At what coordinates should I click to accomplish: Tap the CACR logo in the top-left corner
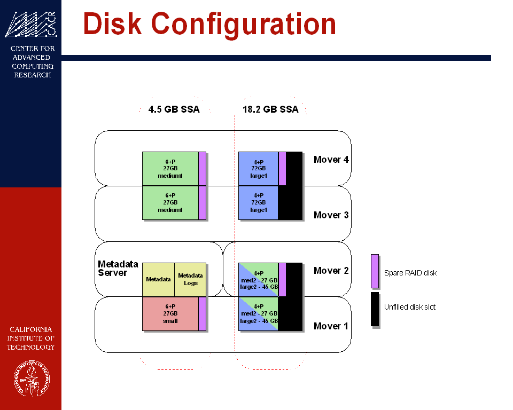(30, 25)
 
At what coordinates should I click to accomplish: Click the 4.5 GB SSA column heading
(174, 110)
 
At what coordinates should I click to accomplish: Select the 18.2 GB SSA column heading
(270, 110)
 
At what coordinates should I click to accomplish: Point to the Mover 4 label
(331, 160)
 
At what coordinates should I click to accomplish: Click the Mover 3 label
(331, 215)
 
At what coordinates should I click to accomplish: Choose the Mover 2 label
(331, 271)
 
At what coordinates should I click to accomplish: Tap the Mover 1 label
(331, 326)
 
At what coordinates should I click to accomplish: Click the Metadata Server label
(118, 269)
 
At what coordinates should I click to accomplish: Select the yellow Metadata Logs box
(190, 279)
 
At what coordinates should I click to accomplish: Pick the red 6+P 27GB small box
(170, 314)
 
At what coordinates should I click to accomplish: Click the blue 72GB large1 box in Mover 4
(258, 168)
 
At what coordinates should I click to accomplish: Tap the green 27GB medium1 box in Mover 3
(170, 202)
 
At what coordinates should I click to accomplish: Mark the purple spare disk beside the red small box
(202, 314)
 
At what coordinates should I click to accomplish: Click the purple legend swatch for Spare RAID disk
(375, 271)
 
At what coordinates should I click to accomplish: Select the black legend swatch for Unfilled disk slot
(375, 309)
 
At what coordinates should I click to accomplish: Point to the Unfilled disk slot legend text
(410, 307)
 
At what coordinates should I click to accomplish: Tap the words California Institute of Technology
(30, 338)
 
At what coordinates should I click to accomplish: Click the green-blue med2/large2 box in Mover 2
(258, 279)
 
